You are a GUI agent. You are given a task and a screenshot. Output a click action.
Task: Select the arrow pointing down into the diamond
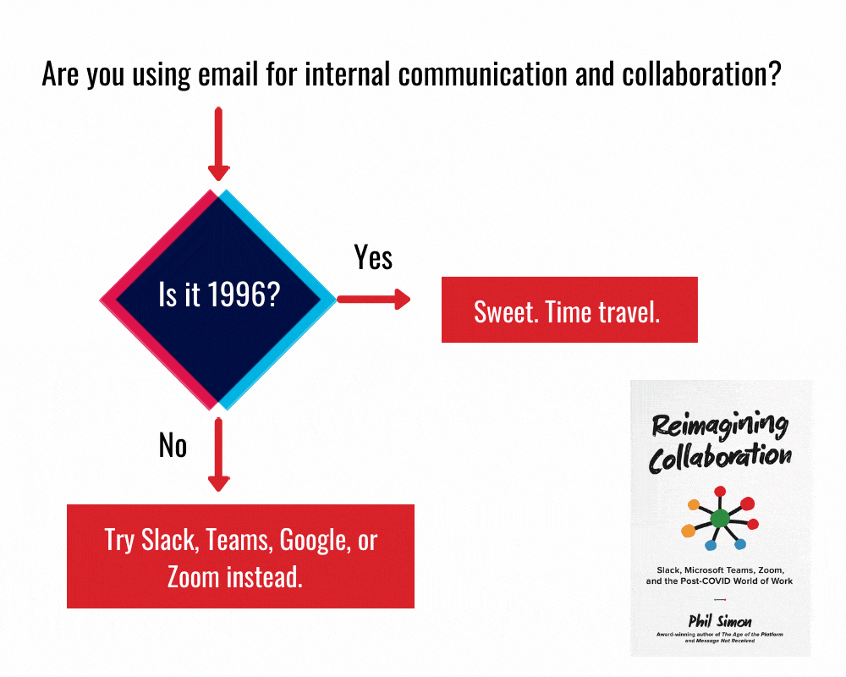click(x=219, y=144)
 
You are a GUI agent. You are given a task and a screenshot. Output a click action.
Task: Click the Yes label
click(x=373, y=256)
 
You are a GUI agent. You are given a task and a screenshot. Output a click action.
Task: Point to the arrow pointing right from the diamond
click(x=373, y=299)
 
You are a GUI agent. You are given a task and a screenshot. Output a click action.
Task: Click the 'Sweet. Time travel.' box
click(x=569, y=310)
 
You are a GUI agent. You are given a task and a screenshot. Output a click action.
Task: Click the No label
click(x=173, y=445)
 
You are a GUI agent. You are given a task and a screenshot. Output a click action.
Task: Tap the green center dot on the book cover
click(x=719, y=518)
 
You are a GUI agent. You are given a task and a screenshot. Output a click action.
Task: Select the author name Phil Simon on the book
click(x=719, y=622)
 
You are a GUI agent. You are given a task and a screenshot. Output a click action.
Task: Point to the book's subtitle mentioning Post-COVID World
click(x=719, y=581)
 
